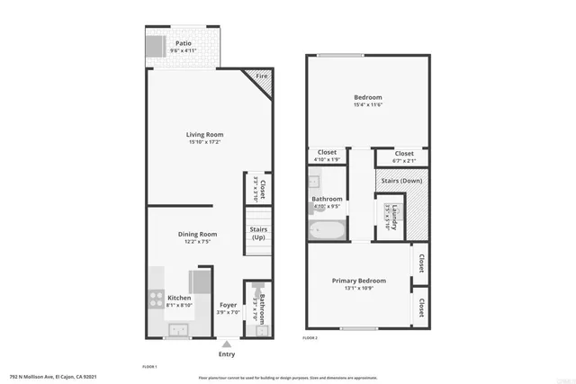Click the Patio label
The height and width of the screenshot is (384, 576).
(x=183, y=43)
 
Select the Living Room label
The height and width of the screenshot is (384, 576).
(x=205, y=134)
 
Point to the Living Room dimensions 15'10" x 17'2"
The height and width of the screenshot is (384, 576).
(x=205, y=142)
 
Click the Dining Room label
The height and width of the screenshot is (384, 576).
(x=197, y=234)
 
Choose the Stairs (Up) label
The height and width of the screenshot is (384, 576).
(x=258, y=233)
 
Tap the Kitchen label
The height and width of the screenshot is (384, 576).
(x=179, y=298)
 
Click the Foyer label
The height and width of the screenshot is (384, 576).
(x=229, y=305)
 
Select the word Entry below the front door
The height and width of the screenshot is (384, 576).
(x=229, y=353)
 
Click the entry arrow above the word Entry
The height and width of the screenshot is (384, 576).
(x=229, y=343)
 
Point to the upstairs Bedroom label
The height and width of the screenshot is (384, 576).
(x=367, y=97)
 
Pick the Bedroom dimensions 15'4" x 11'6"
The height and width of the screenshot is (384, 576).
(x=367, y=105)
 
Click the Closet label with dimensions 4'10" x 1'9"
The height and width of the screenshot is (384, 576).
(x=328, y=153)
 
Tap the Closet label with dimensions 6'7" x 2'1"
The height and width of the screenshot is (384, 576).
(x=404, y=154)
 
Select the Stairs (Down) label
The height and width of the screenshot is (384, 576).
(x=398, y=181)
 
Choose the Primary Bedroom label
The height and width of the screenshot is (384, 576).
(x=358, y=280)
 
